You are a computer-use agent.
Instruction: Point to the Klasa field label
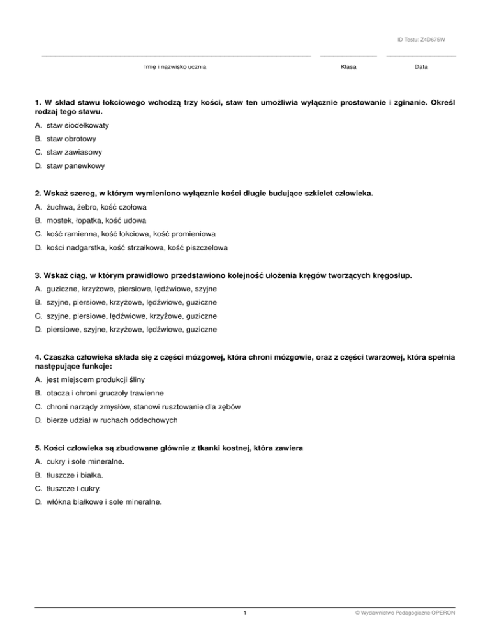coord(349,67)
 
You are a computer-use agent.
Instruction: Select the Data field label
coord(421,67)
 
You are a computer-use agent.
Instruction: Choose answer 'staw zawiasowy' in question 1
coord(74,153)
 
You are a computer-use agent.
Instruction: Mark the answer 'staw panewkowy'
coord(76,166)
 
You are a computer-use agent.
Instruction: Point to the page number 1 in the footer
coord(245,615)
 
